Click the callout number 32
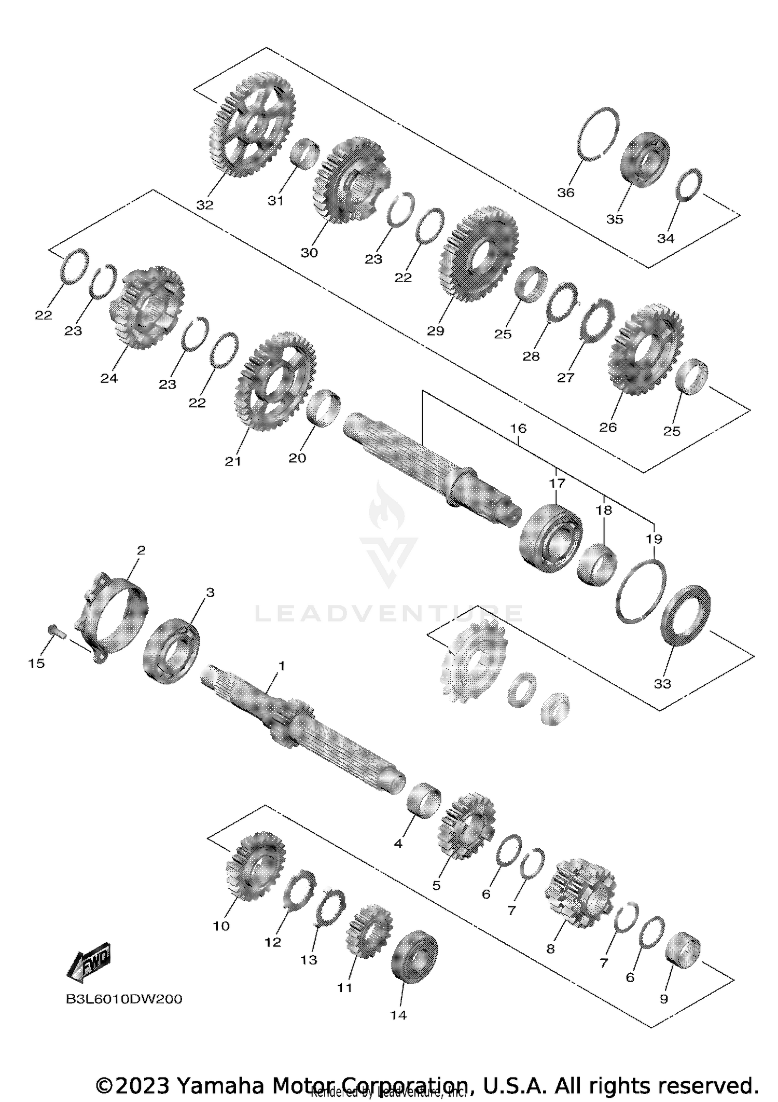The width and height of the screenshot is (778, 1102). pyautogui.click(x=205, y=205)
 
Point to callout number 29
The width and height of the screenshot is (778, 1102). pyautogui.click(x=435, y=331)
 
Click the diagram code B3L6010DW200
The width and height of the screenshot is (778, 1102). pyautogui.click(x=124, y=999)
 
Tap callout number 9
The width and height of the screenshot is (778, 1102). pyautogui.click(x=663, y=999)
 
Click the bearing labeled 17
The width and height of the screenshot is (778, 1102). pyautogui.click(x=551, y=539)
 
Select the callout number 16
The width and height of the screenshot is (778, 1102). pyautogui.click(x=518, y=429)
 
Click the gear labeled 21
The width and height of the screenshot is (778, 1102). pyautogui.click(x=275, y=381)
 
